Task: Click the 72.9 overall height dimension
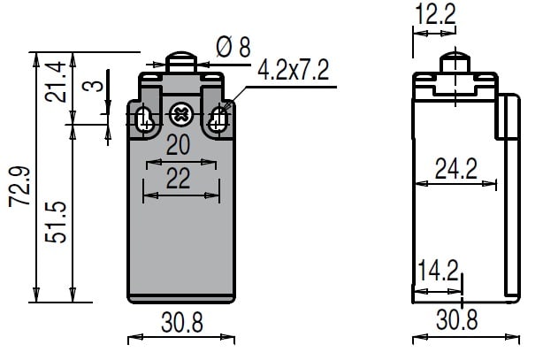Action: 19,187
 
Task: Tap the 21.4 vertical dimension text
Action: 56,81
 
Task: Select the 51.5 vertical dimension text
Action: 56,222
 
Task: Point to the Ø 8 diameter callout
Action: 233,47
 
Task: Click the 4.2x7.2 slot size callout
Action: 293,70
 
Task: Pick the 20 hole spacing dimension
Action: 178,145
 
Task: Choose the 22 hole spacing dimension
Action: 178,179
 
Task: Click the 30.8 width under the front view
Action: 182,322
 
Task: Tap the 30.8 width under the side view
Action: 456,319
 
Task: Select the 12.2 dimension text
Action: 435,14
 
